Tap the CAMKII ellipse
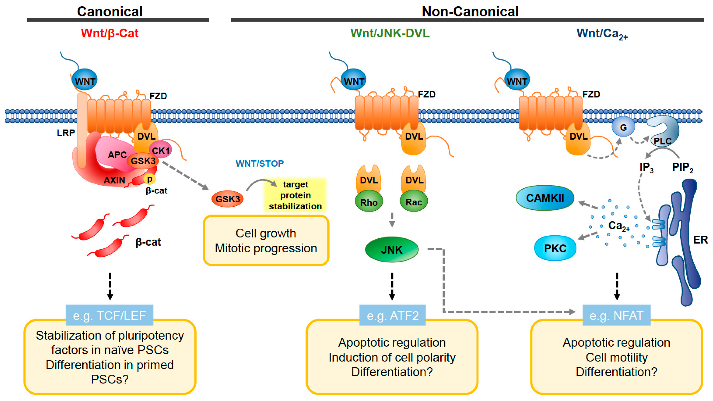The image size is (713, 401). (545, 198)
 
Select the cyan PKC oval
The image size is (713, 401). (555, 248)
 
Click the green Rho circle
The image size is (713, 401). (369, 202)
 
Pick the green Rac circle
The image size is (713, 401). (414, 202)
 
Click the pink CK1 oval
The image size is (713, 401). (161, 150)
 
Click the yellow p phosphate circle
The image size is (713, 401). (150, 179)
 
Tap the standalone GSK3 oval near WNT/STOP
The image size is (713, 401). (228, 199)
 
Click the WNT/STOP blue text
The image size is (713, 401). (260, 163)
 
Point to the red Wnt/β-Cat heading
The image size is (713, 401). (110, 33)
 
